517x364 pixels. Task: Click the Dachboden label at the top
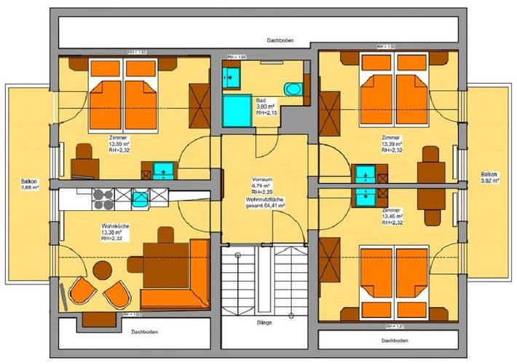point(280,42)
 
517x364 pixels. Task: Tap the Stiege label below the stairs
point(264,321)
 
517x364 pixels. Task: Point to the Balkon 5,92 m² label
point(489,177)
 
